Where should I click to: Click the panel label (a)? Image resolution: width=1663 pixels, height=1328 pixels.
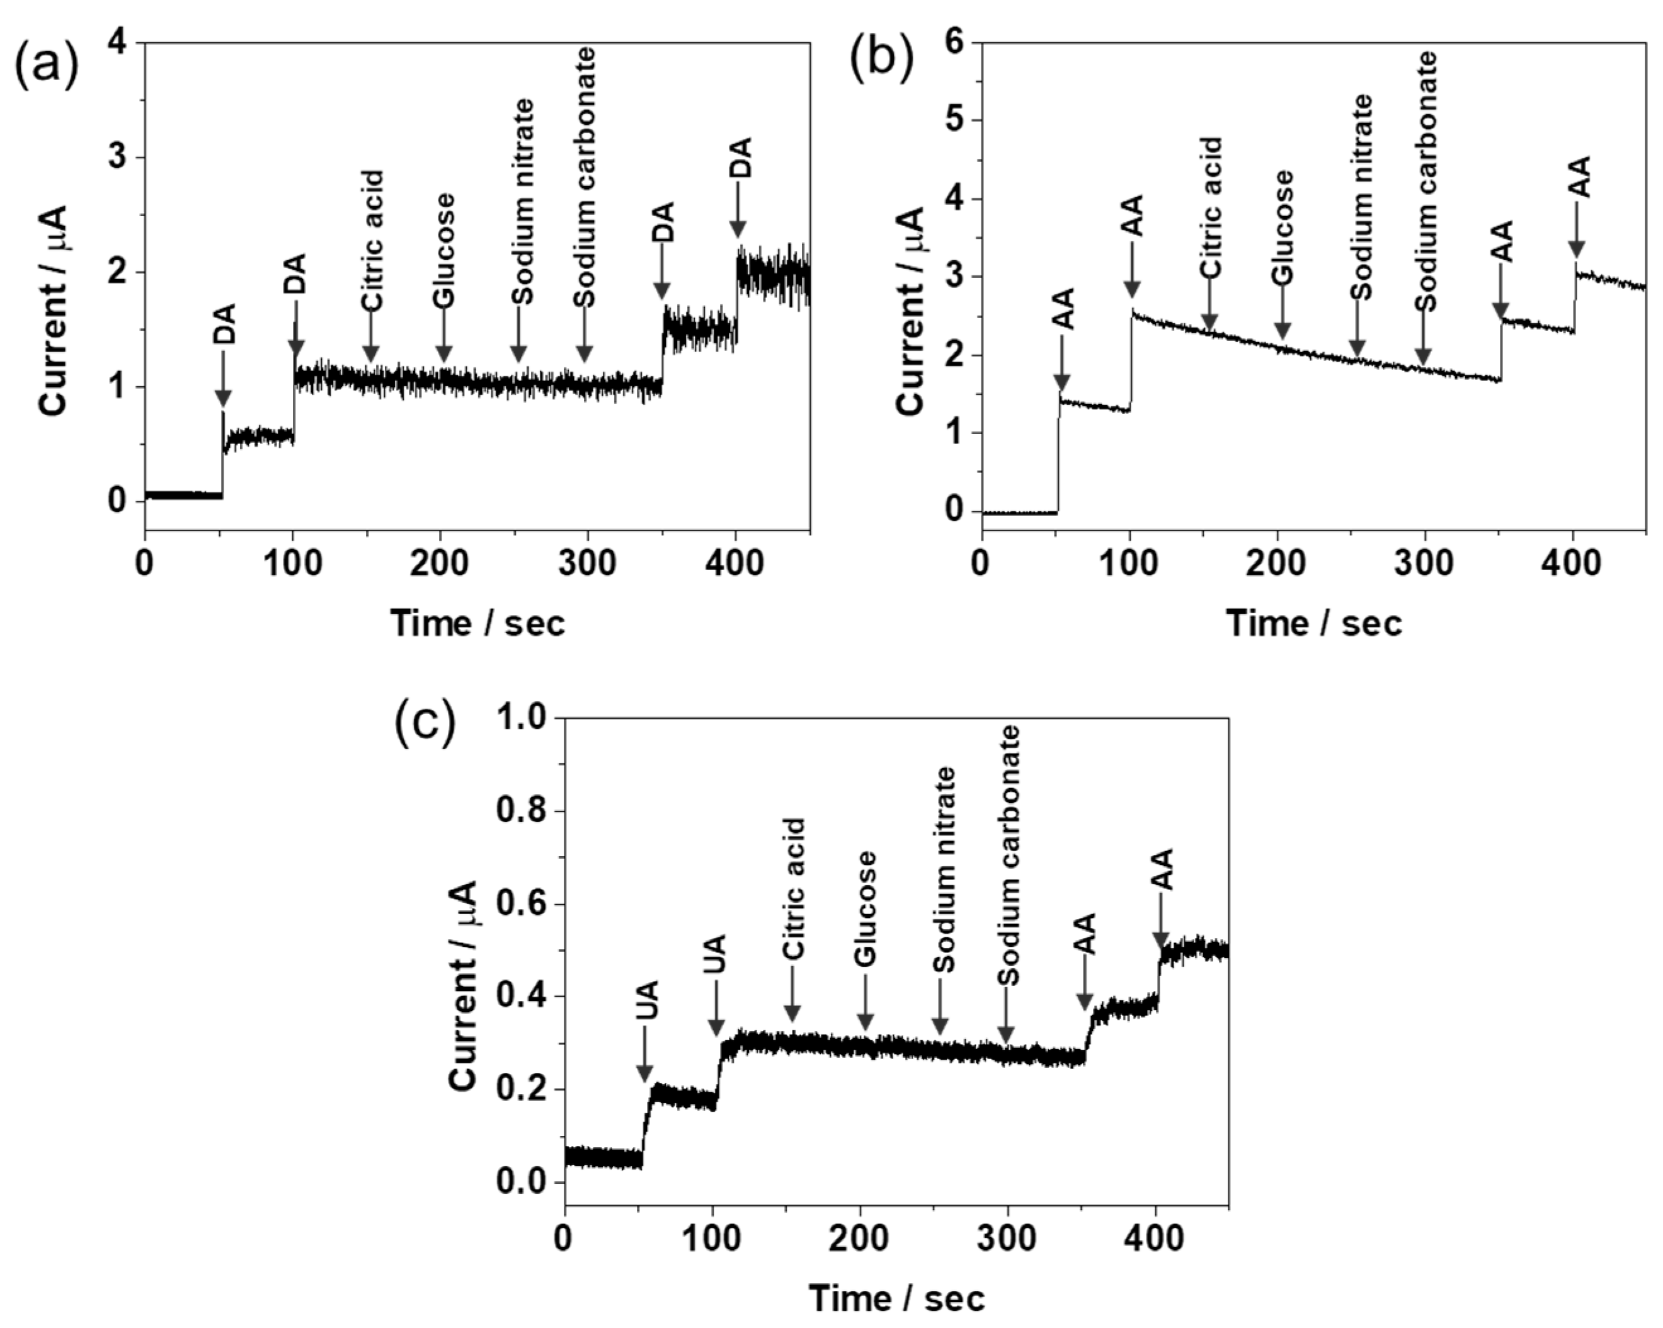[46, 65]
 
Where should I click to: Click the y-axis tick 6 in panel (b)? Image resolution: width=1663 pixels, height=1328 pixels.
[955, 42]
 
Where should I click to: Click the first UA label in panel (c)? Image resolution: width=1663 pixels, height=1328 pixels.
[646, 1001]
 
